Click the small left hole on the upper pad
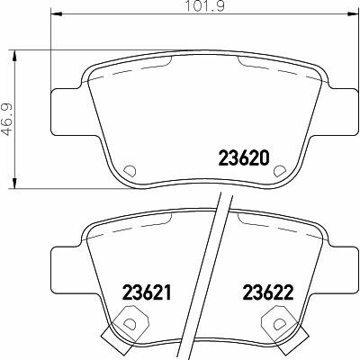128,169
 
